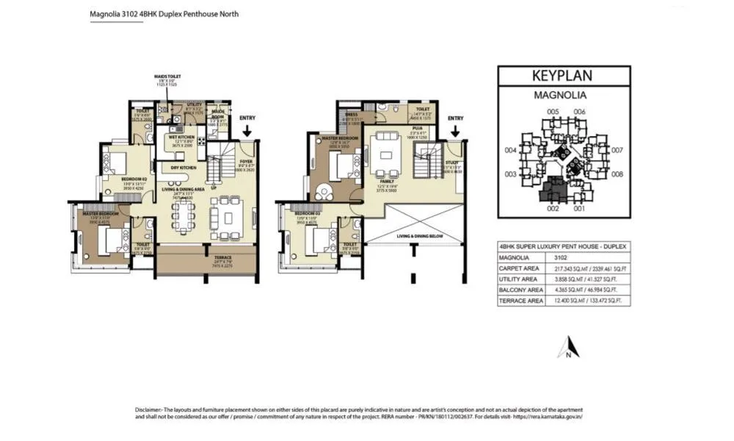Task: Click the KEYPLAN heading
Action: coord(563,76)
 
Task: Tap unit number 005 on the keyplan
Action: coord(553,111)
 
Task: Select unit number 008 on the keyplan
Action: coord(617,174)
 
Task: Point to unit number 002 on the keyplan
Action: coord(553,208)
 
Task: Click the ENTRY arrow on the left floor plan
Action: coord(247,130)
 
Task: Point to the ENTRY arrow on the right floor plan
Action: coord(455,130)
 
